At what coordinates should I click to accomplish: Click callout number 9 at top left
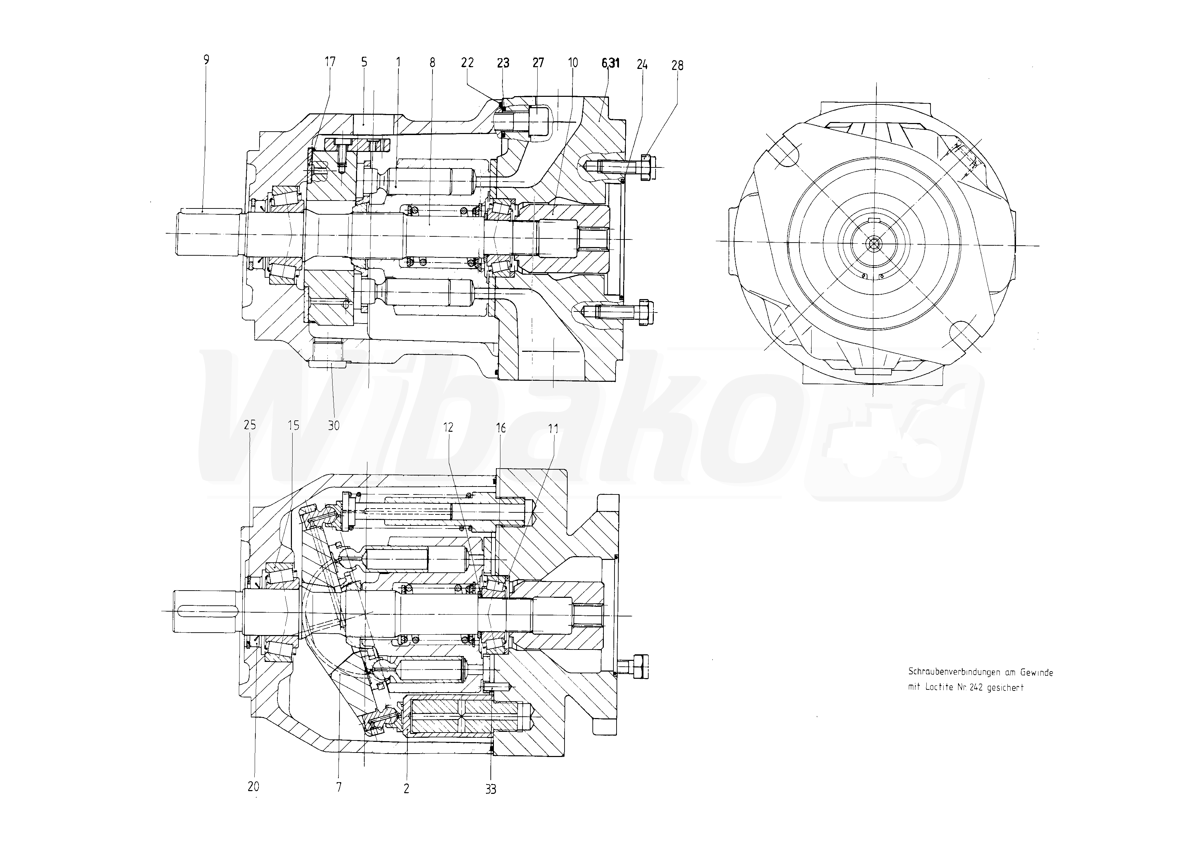pos(206,60)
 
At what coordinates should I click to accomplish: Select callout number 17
pos(330,62)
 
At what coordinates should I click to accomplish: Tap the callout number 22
pos(467,63)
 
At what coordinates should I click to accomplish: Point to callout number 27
pos(538,63)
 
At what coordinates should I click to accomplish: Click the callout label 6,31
pos(610,63)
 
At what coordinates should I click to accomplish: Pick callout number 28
pos(677,65)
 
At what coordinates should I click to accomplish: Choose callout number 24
pos(642,64)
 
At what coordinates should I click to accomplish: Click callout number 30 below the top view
pos(334,426)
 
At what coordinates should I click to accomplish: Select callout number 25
pos(250,425)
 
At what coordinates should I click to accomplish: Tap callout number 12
pos(448,428)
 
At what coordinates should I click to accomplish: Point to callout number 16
pos(501,429)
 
